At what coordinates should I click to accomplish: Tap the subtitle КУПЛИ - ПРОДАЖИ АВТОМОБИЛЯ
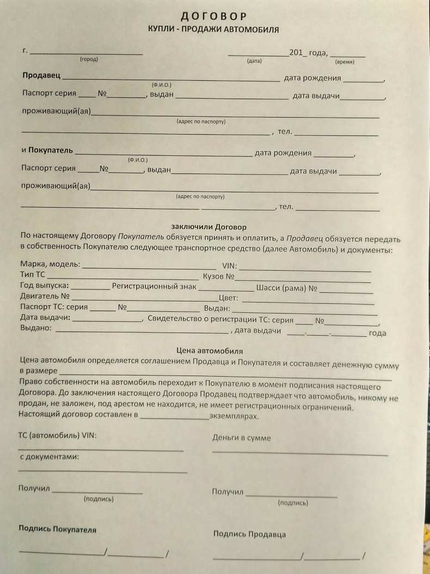(x=213, y=29)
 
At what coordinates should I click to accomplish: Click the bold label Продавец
(x=41, y=76)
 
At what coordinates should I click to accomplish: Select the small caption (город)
(x=89, y=59)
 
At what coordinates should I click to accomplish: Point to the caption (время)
(x=345, y=62)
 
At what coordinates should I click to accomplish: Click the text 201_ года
(x=308, y=53)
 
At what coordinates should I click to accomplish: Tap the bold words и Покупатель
(x=46, y=149)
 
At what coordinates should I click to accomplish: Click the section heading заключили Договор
(x=208, y=226)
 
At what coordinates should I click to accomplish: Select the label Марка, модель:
(x=50, y=264)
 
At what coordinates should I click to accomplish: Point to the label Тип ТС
(x=33, y=275)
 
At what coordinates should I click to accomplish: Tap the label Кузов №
(x=218, y=277)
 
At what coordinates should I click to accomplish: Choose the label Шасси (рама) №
(x=286, y=288)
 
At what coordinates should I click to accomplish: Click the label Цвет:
(x=229, y=298)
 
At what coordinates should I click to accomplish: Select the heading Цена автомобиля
(x=210, y=351)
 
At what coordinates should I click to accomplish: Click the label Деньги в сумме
(x=241, y=438)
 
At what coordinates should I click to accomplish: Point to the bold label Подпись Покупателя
(x=57, y=529)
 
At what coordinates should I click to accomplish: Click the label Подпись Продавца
(x=249, y=534)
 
